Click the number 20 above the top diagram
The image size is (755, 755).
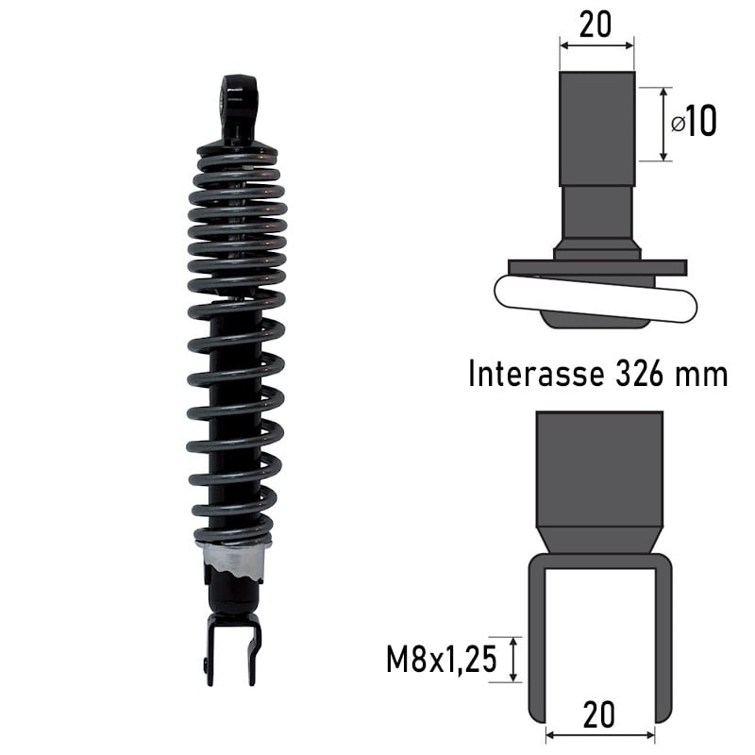pyautogui.click(x=595, y=25)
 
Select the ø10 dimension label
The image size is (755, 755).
pyautogui.click(x=694, y=121)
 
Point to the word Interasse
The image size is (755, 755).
pyautogui.click(x=536, y=375)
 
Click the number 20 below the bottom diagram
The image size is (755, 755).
pyautogui.click(x=598, y=715)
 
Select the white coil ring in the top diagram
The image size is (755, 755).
pyautogui.click(x=595, y=300)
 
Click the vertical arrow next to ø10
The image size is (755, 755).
pyautogui.click(x=664, y=124)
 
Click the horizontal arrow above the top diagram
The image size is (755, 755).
pyautogui.click(x=596, y=43)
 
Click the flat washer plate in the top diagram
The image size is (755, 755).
pyautogui.click(x=596, y=268)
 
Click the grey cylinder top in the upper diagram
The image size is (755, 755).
pyautogui.click(x=596, y=127)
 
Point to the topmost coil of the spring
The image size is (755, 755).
pyautogui.click(x=237, y=150)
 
